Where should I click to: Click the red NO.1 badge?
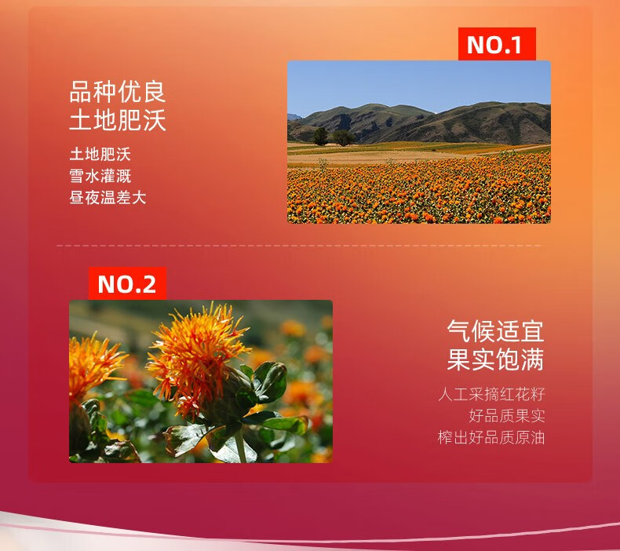point(497,44)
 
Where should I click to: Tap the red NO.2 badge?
point(127,283)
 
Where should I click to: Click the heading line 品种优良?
point(118,92)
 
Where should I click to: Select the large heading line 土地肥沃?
point(118,119)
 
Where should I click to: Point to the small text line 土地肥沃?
point(100,154)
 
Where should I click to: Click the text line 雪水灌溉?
point(100,176)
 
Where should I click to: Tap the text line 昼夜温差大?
point(108,197)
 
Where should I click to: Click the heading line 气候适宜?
point(495,331)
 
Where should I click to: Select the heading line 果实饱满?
point(495,359)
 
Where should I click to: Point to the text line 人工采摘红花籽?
point(491,394)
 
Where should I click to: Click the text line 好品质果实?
point(507,416)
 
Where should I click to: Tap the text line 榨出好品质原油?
point(491,437)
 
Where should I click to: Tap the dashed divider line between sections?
point(299,246)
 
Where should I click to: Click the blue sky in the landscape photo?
point(419,83)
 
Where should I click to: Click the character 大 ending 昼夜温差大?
point(139,197)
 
